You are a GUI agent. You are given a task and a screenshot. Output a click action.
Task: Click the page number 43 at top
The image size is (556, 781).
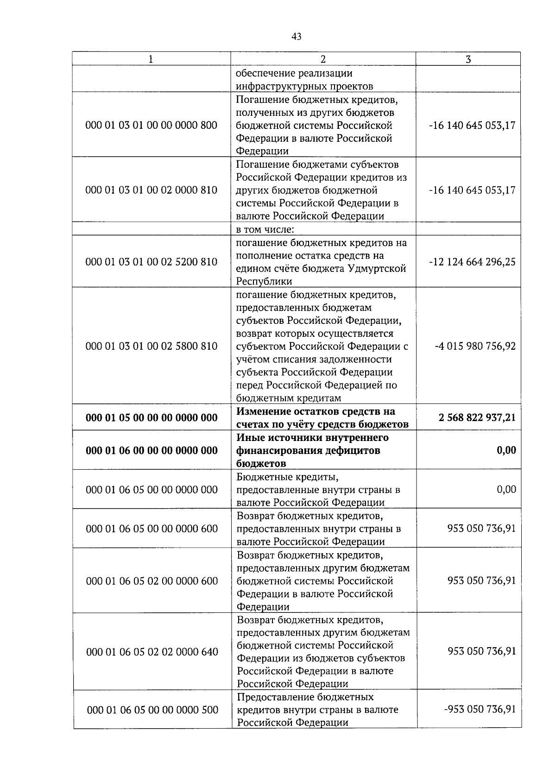(x=297, y=37)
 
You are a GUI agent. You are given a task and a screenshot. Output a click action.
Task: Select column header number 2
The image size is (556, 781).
(x=323, y=59)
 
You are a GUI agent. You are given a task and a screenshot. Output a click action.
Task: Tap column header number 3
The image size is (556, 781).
(x=468, y=59)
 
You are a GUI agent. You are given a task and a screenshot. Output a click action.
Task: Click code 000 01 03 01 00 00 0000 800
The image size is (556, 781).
(x=152, y=125)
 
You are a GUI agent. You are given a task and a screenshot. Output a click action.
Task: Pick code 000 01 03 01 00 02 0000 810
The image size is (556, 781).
(x=152, y=190)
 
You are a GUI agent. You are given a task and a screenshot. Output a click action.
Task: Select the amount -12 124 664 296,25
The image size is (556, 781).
(x=472, y=262)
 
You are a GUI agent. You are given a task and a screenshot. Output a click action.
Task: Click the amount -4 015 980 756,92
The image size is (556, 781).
(x=475, y=346)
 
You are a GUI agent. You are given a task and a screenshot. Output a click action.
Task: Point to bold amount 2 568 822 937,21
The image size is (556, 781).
(x=477, y=417)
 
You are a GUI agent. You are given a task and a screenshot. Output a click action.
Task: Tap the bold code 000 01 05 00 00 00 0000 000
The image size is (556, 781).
(x=152, y=418)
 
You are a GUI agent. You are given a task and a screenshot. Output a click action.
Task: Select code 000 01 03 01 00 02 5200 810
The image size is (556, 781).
(x=152, y=262)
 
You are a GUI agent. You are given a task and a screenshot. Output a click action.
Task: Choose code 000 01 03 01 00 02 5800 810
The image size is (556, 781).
(x=152, y=346)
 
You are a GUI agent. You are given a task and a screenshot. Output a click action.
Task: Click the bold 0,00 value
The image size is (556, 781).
(x=506, y=450)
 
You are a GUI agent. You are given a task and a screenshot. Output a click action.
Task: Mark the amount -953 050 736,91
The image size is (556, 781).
(x=480, y=709)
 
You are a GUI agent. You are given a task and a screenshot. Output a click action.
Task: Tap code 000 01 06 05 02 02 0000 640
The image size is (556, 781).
(x=152, y=652)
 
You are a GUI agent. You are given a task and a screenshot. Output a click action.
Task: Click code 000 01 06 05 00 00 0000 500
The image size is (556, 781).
(x=152, y=710)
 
